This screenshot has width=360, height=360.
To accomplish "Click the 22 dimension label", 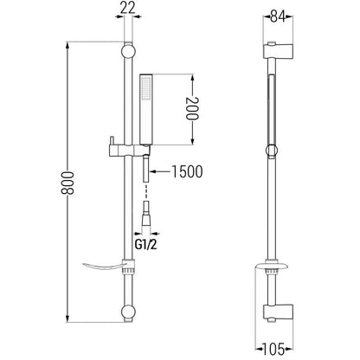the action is (128, 9).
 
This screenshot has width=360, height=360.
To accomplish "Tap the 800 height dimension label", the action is (67, 183).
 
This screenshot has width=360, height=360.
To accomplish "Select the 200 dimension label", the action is (192, 108).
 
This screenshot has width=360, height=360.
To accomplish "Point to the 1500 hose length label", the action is (187, 171).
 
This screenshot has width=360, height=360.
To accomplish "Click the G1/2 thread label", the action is (145, 245).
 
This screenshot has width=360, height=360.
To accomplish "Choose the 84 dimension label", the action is (278, 16).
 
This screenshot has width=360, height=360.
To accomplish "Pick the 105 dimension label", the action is (273, 349).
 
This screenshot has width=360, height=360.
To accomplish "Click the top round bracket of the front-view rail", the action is (128, 51).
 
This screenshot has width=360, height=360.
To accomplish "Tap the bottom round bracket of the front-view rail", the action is (128, 312).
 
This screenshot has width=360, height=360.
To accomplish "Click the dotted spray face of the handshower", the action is (145, 88).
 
